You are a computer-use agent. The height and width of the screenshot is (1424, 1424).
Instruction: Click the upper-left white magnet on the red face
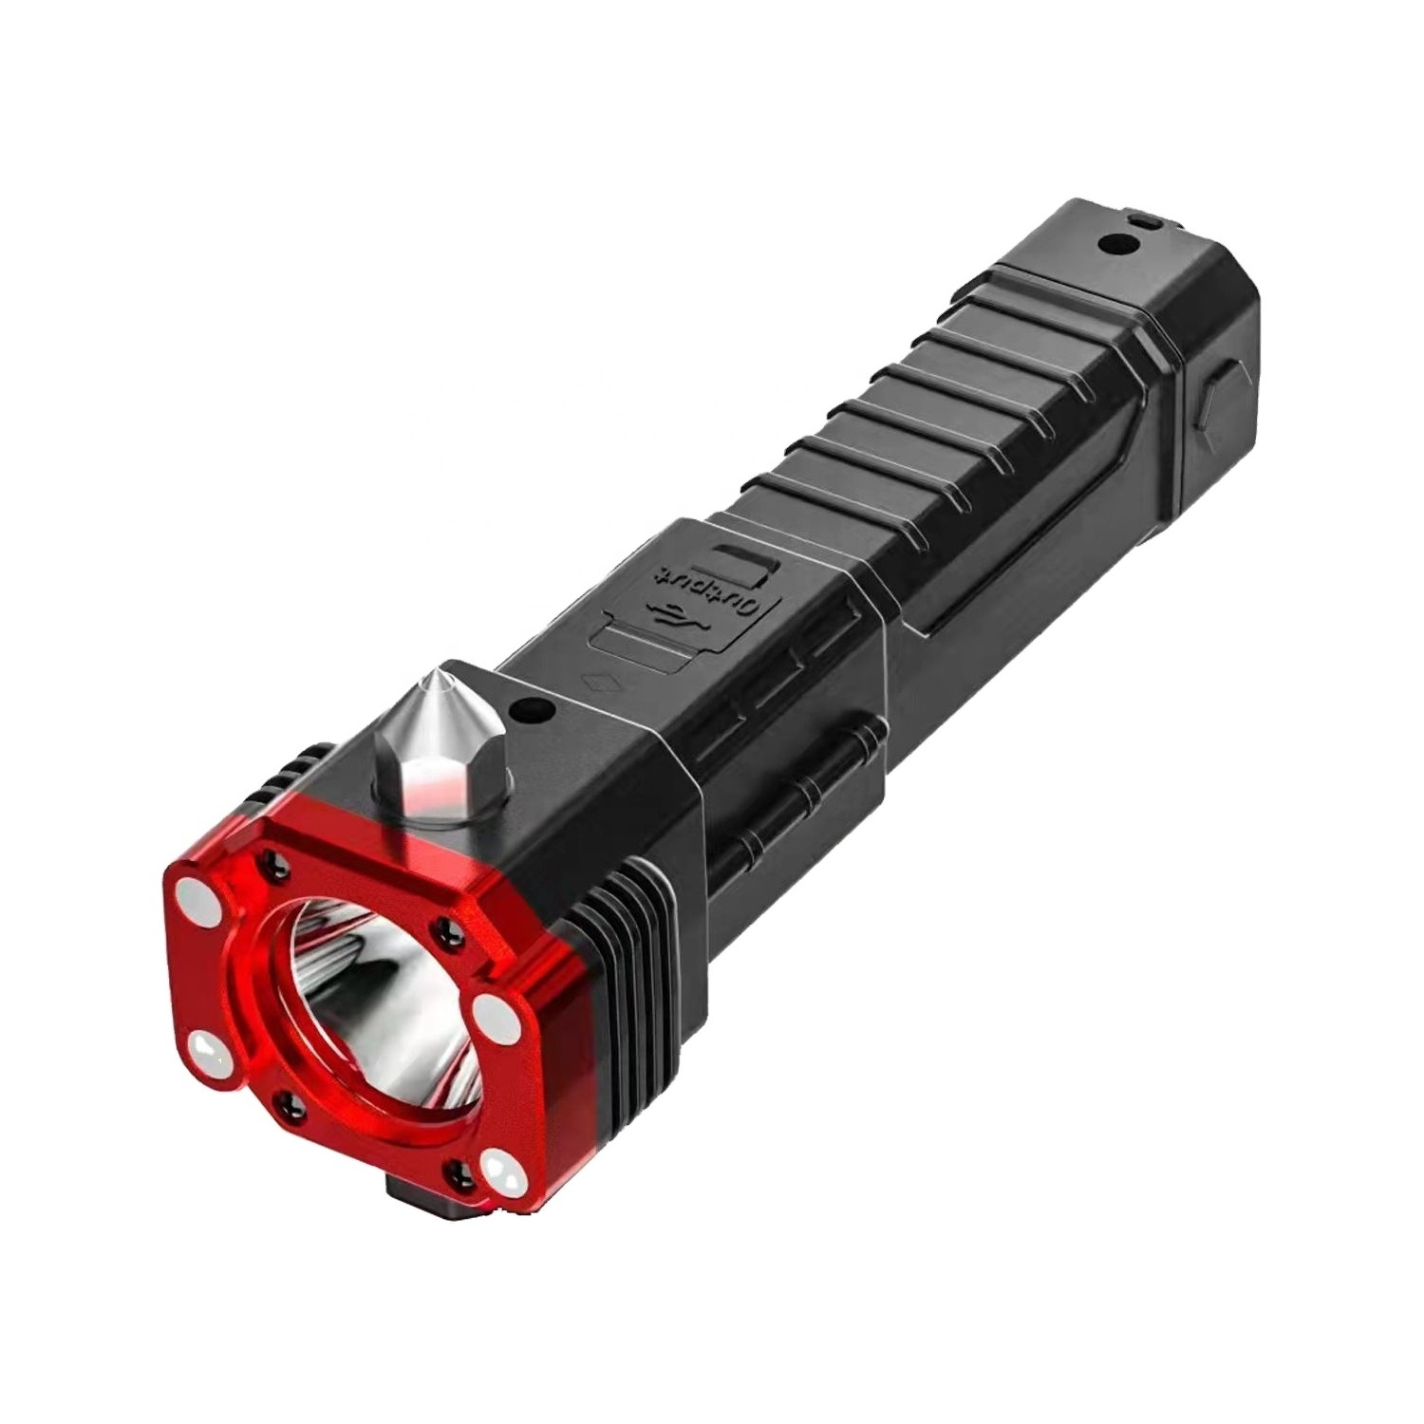(x=194, y=894)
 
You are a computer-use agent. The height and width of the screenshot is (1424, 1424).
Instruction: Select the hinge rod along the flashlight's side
(x=797, y=788)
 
